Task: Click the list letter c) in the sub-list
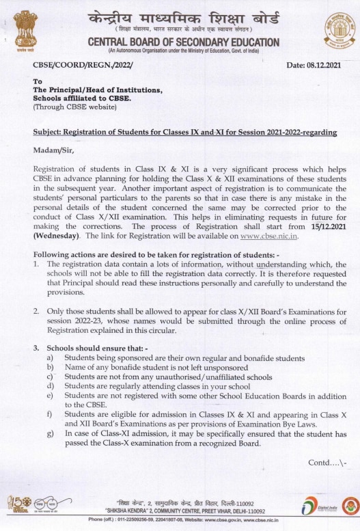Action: click(50, 377)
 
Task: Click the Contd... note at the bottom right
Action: click(327, 462)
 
